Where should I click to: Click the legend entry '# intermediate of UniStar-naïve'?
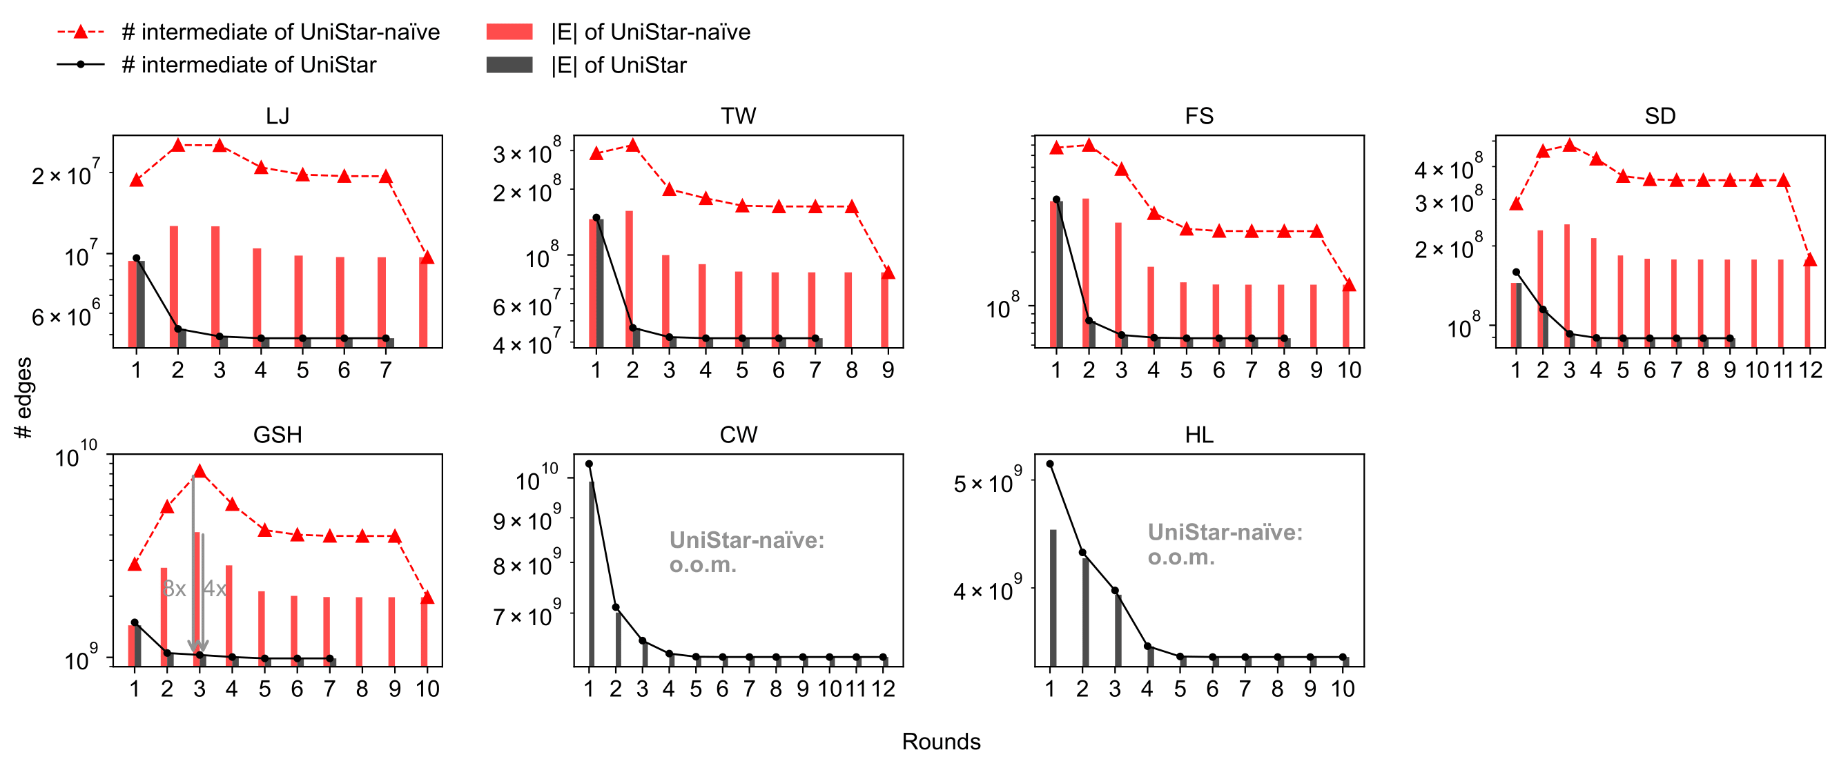(x=280, y=32)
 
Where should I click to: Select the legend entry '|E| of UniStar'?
(x=618, y=65)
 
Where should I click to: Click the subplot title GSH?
(x=277, y=434)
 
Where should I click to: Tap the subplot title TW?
(x=738, y=116)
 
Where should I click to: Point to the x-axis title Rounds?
(x=940, y=741)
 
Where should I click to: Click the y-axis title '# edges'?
(x=23, y=397)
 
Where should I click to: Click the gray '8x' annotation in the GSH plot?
(x=174, y=588)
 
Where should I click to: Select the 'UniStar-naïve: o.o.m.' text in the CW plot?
(x=746, y=552)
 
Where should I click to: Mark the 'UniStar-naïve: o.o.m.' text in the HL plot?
(x=1225, y=544)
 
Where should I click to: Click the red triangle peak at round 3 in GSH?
(x=200, y=472)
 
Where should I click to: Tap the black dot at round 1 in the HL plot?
(x=1049, y=464)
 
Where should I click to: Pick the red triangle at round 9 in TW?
(x=887, y=272)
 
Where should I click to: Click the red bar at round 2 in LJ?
(x=173, y=286)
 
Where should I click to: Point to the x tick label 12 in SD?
(x=1810, y=370)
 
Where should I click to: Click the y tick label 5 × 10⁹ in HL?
(x=987, y=482)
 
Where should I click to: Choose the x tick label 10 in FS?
(x=1349, y=370)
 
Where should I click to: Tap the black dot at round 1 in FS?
(x=1056, y=200)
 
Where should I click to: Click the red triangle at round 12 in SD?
(x=1810, y=260)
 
